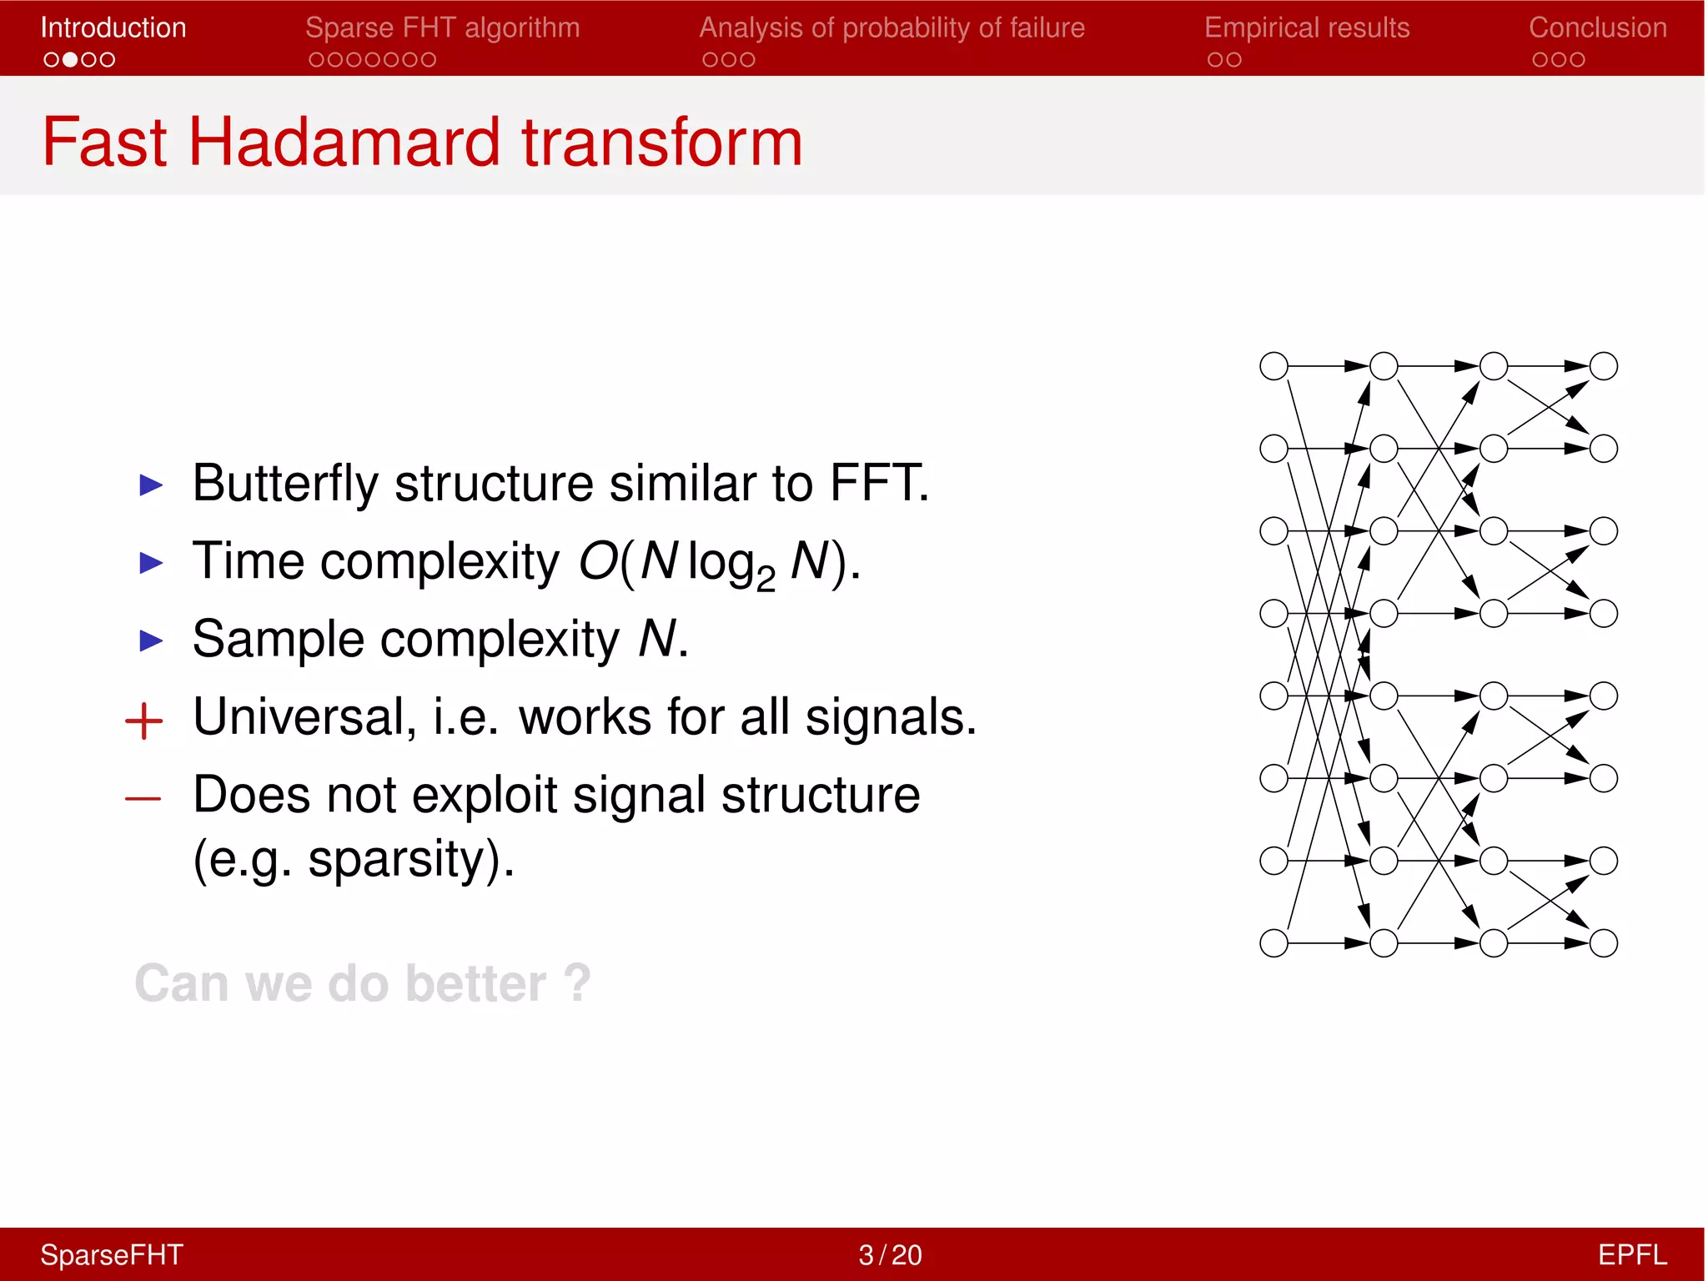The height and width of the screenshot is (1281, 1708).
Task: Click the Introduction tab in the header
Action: tap(113, 28)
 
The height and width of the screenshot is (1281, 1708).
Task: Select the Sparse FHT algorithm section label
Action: tap(442, 28)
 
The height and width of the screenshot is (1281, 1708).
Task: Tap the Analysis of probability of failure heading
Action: tap(892, 28)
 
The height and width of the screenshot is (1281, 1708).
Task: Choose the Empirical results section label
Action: tap(1306, 28)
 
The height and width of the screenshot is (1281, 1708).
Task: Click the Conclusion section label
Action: tap(1597, 28)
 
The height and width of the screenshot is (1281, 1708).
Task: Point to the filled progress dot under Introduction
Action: tap(70, 60)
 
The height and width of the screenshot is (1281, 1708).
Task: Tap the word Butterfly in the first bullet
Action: tap(284, 483)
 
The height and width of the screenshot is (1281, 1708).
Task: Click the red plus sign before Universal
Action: tap(143, 721)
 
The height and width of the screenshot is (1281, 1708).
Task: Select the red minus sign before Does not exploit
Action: tap(143, 799)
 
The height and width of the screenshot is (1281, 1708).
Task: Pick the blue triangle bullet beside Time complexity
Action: tap(151, 563)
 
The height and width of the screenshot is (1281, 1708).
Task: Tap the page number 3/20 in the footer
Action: tap(890, 1254)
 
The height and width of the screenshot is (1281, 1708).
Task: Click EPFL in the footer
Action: tap(1631, 1254)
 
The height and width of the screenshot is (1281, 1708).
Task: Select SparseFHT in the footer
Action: tap(111, 1254)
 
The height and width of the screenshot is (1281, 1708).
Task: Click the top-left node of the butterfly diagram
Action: tap(1273, 366)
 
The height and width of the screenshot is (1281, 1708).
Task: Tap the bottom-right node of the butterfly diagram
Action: tap(1603, 943)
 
